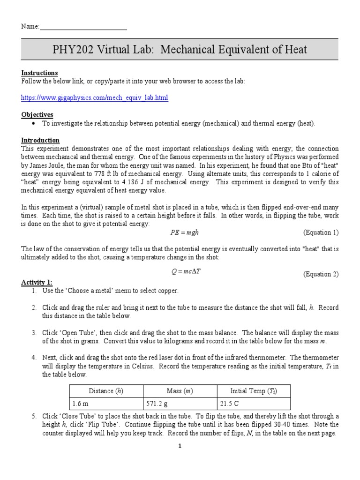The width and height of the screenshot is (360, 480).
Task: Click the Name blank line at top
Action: coord(83,27)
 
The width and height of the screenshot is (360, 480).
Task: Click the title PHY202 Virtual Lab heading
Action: coord(180,50)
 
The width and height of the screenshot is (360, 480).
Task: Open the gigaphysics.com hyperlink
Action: coord(94,98)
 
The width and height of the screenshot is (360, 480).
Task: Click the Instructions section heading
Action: coord(39,73)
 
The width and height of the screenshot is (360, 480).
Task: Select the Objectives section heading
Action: coord(37,115)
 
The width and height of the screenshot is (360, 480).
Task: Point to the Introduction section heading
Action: coord(40,140)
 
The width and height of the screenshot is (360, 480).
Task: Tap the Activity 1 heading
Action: coord(37,282)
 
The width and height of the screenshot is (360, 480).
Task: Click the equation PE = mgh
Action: coord(181,232)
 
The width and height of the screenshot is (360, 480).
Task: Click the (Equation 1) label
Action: coord(321,232)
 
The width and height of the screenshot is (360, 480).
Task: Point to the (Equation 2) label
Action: coord(321,274)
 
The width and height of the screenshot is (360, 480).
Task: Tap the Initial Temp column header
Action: coord(254,391)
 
